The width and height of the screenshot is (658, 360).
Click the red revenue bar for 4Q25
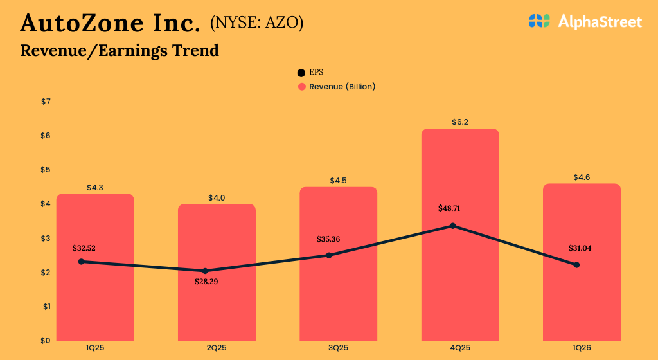460,283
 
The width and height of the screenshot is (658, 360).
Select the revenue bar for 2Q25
217,302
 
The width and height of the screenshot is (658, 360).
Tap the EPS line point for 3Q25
329,255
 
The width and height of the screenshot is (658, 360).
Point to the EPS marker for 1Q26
576,265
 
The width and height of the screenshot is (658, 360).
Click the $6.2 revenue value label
460,122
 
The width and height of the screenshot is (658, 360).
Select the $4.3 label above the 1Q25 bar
95,188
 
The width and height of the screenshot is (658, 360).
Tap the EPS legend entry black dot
301,73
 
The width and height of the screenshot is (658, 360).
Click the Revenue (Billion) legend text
342,86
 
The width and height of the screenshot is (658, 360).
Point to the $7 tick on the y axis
45,102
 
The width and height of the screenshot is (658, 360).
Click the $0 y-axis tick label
45,340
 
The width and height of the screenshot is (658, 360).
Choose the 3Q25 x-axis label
338,348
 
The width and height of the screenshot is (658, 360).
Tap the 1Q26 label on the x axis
582,348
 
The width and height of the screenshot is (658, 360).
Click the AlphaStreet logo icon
540,21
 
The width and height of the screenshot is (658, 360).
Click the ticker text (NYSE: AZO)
256,23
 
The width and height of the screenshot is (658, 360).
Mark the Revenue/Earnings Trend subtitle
120,50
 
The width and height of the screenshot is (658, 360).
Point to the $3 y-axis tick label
45,238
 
